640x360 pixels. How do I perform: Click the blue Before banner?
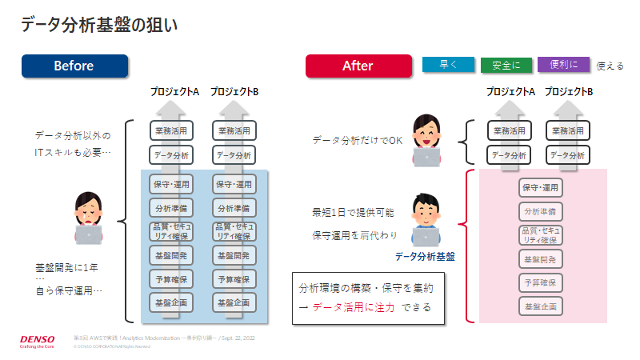74,66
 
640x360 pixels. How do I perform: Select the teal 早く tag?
448,64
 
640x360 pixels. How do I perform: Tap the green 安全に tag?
506,64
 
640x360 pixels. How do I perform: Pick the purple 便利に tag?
564,64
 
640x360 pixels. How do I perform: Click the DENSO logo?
38,339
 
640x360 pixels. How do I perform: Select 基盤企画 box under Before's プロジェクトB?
234,303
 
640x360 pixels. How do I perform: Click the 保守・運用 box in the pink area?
541,188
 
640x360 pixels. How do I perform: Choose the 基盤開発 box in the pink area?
541,258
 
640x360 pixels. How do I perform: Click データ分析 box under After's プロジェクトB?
568,154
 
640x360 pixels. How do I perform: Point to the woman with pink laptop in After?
424,140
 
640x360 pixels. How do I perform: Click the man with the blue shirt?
425,219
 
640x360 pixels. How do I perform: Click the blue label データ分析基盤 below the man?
425,257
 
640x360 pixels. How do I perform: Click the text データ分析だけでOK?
357,141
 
